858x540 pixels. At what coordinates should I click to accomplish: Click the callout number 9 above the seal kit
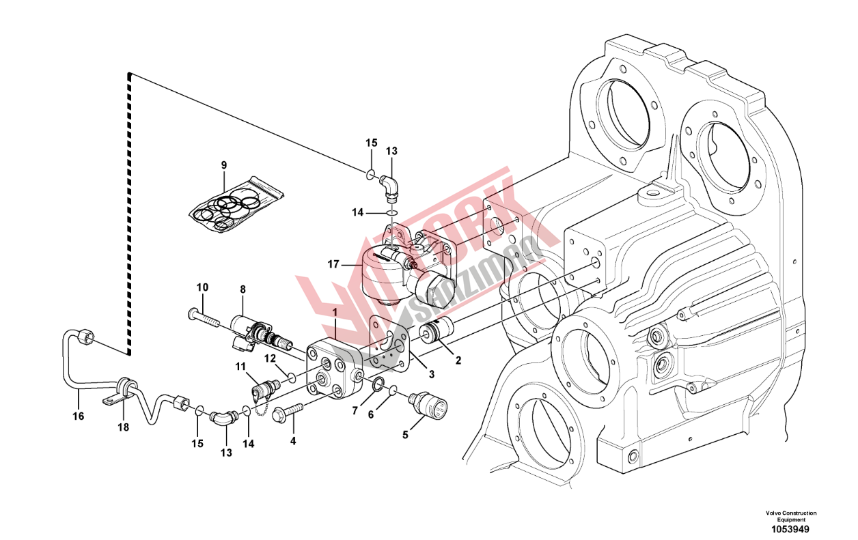click(x=223, y=165)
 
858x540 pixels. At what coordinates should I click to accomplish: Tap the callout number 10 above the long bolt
click(x=203, y=287)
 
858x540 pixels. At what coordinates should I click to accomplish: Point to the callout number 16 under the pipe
click(x=79, y=416)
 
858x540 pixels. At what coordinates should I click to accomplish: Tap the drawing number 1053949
click(x=791, y=529)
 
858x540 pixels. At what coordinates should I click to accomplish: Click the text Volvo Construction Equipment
click(x=790, y=516)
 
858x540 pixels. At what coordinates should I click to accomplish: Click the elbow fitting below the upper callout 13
click(x=389, y=186)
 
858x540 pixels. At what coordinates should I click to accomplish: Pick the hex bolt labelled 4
click(x=288, y=412)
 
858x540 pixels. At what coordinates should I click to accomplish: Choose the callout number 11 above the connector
click(x=240, y=367)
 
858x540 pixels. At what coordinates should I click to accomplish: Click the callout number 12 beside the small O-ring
click(x=271, y=358)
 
